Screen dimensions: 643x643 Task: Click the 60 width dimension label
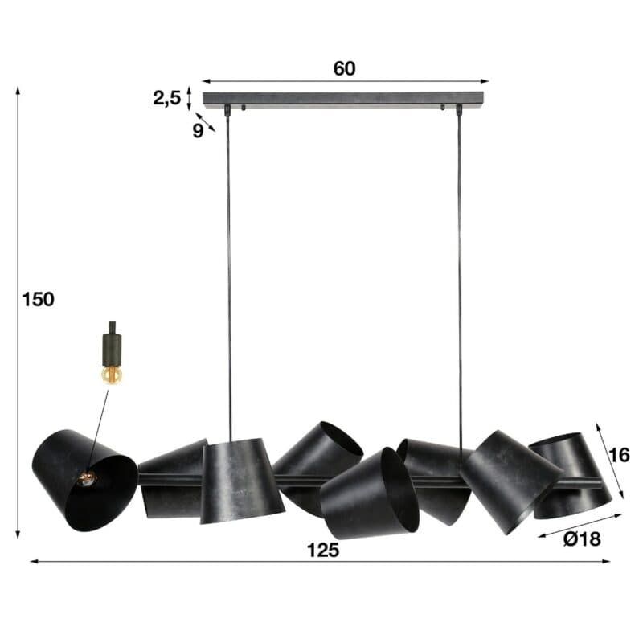344,68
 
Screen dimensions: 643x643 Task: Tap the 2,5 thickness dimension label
167,98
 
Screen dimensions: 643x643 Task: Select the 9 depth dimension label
198,131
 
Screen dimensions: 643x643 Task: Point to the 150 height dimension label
38,299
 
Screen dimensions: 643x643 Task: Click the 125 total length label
323,551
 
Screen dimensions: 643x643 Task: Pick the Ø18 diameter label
582,539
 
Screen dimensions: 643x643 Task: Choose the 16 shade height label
619,455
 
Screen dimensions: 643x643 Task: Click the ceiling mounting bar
343,99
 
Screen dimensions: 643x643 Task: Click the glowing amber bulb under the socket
112,375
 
